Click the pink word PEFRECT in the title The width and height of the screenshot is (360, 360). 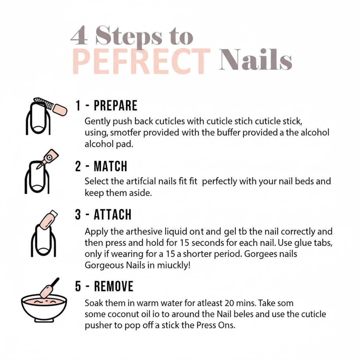pyautogui.click(x=142, y=61)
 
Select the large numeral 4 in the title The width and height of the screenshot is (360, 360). pyautogui.click(x=79, y=36)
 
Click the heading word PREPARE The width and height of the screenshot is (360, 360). pyautogui.click(x=115, y=105)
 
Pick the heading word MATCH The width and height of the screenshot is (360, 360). pyautogui.click(x=110, y=166)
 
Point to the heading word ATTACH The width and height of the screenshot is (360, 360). pyautogui.click(x=112, y=214)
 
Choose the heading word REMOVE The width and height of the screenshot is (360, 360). pyautogui.click(x=114, y=286)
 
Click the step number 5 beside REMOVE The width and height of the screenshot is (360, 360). pyautogui.click(x=78, y=286)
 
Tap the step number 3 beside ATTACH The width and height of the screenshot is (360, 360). pyautogui.click(x=78, y=214)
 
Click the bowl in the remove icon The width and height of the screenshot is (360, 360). pyautogui.click(x=44, y=309)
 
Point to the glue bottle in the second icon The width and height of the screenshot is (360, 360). pyautogui.click(x=48, y=159)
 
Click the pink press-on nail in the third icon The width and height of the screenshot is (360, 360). pyautogui.click(x=47, y=221)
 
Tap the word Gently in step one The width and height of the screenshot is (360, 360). pyautogui.click(x=97, y=121)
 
